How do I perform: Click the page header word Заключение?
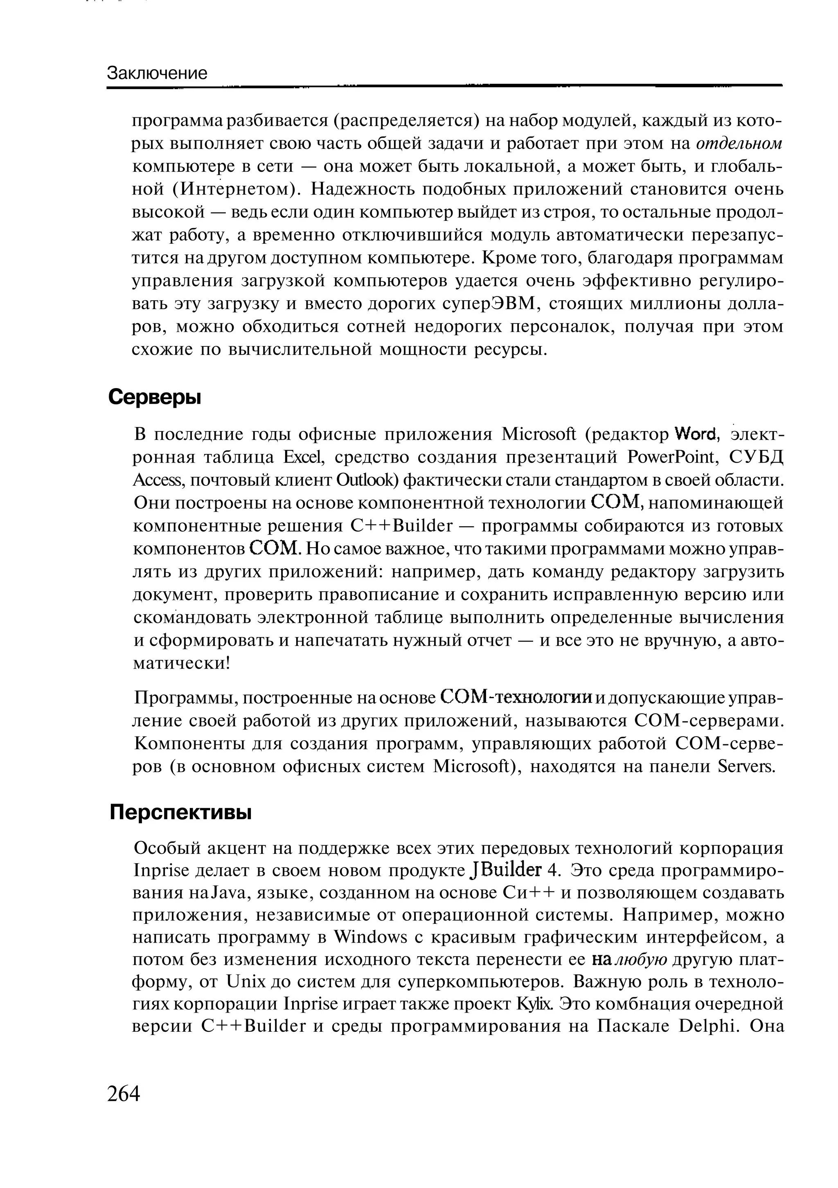(x=157, y=73)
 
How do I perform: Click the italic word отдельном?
(x=739, y=143)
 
